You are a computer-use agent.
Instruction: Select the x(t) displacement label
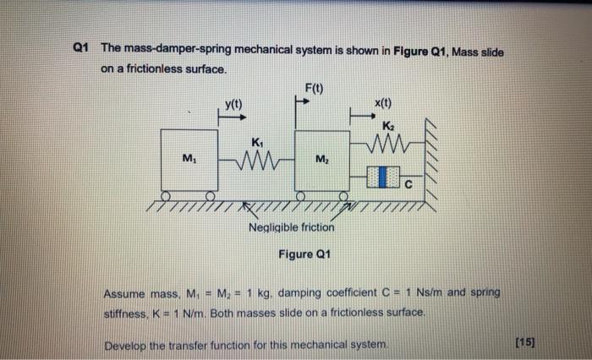pyautogui.click(x=382, y=103)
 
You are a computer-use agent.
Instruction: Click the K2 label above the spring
pyautogui.click(x=388, y=125)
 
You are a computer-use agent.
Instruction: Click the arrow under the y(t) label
pyautogui.click(x=229, y=118)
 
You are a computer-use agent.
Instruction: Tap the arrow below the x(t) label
pyautogui.click(x=361, y=117)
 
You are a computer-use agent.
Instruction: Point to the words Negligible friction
pyautogui.click(x=292, y=227)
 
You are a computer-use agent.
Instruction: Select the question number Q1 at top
pyautogui.click(x=83, y=52)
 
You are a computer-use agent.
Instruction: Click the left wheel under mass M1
pyautogui.click(x=168, y=195)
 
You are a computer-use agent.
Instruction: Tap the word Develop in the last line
pyautogui.click(x=126, y=346)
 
